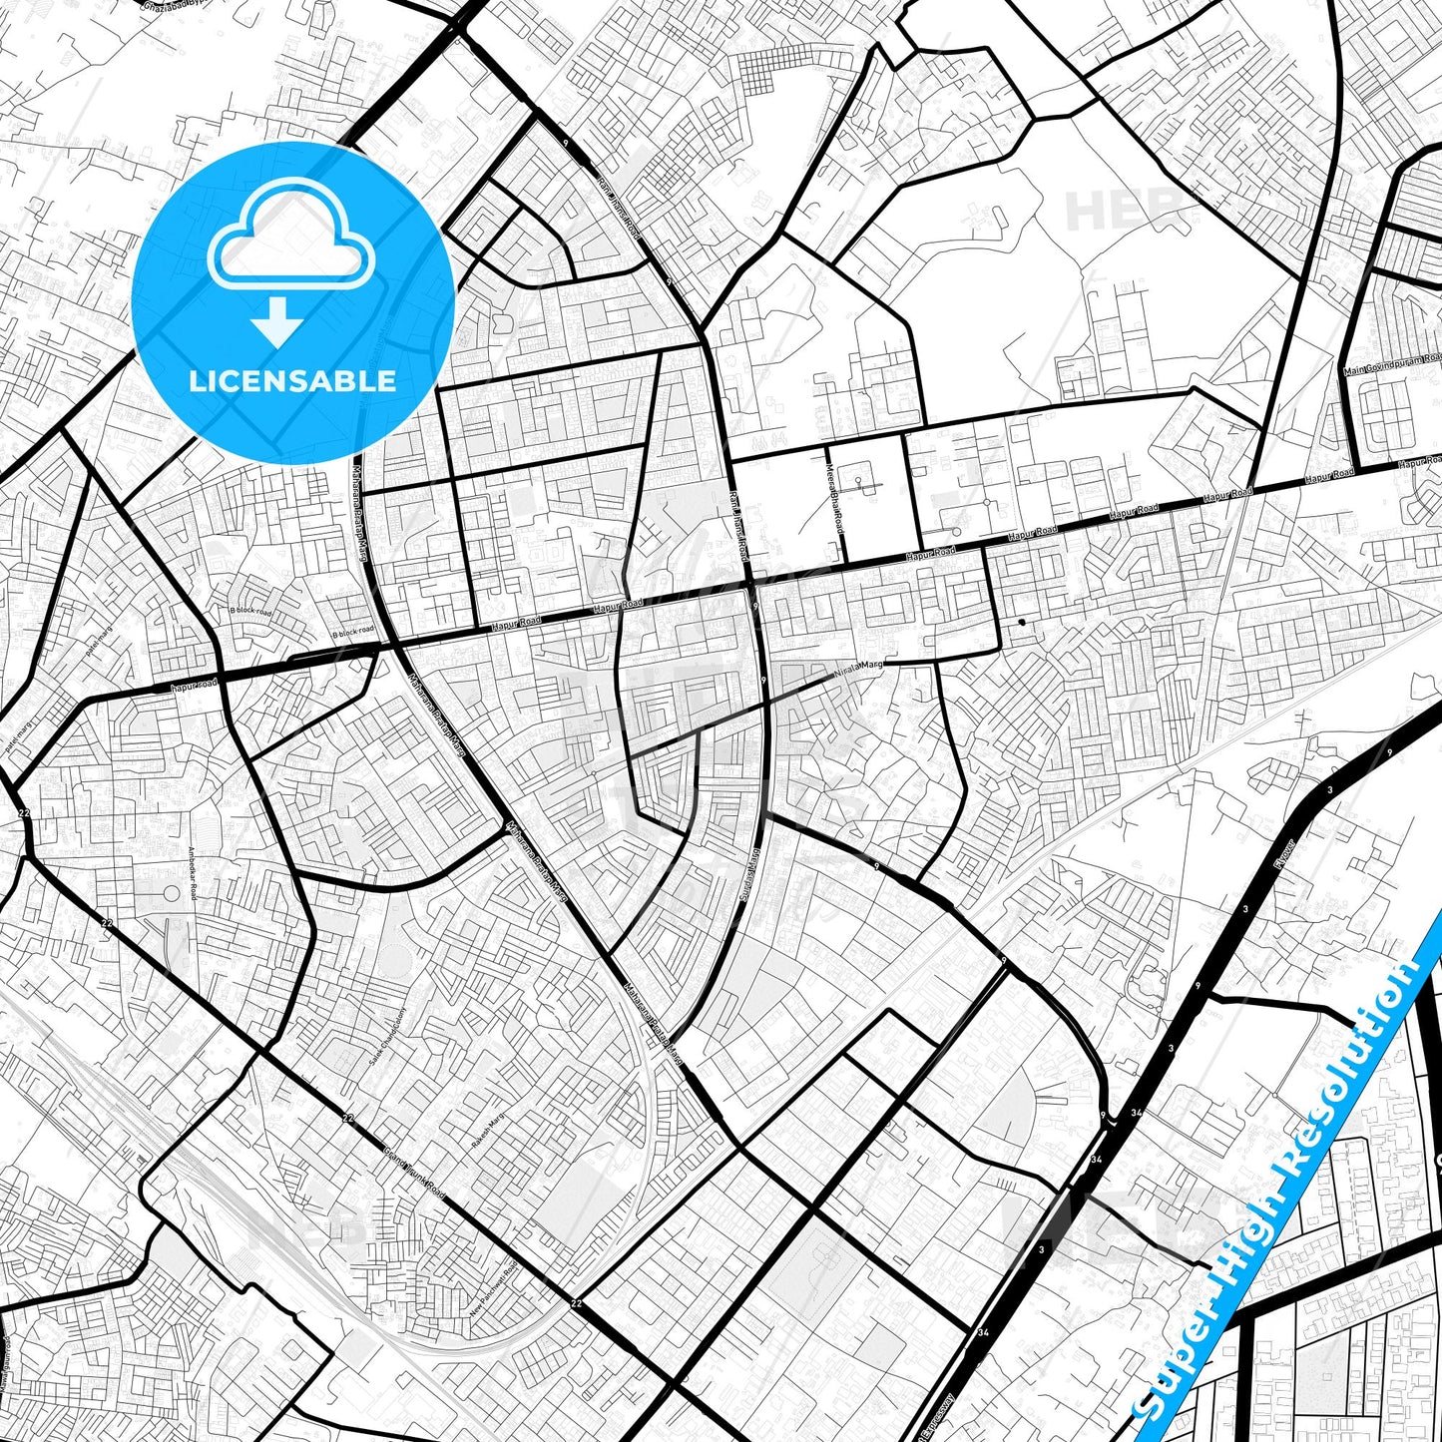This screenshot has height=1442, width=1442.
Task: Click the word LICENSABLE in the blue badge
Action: [291, 381]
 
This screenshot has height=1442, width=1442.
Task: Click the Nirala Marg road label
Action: [859, 666]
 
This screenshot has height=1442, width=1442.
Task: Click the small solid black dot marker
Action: [1021, 623]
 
